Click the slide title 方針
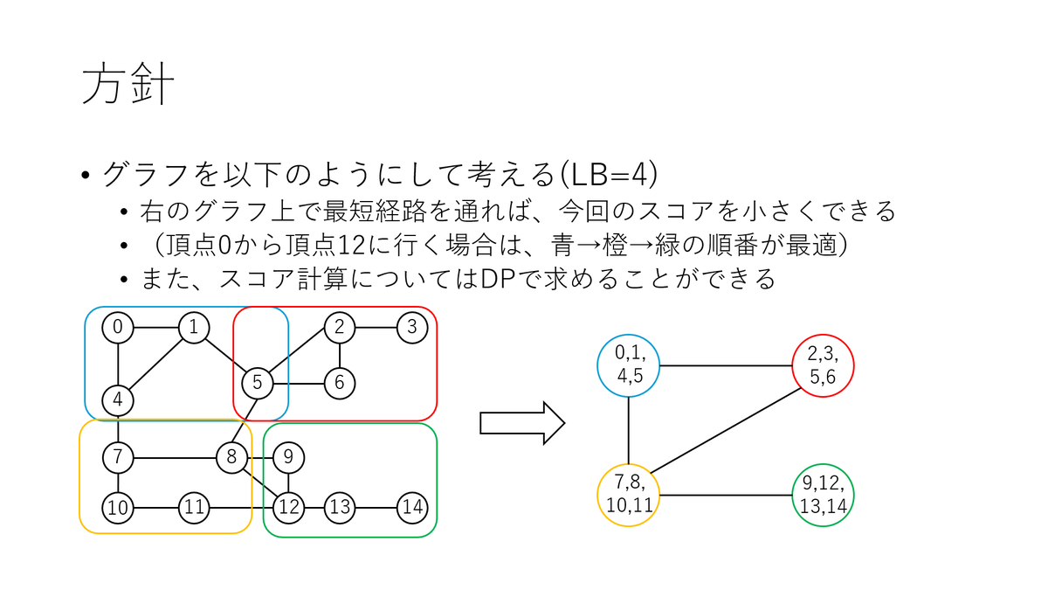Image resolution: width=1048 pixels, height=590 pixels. tap(128, 85)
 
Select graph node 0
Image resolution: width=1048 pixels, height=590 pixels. tap(117, 328)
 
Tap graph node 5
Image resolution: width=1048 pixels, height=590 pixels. tap(258, 382)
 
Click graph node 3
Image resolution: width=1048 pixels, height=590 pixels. tap(411, 328)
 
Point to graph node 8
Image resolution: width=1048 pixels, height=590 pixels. tap(231, 456)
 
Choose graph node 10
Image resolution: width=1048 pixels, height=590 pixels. tap(117, 506)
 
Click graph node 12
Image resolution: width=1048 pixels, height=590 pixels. tap(288, 506)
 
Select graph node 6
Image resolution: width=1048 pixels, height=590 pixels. tap(340, 382)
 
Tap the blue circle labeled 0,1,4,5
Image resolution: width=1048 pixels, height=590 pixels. tap(629, 364)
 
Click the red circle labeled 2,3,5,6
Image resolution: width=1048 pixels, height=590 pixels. tap(823, 364)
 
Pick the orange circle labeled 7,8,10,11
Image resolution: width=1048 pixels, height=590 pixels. tap(629, 495)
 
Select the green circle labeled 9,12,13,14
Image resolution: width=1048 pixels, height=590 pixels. tap(823, 495)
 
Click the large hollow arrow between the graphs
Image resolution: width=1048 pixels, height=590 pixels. tap(522, 423)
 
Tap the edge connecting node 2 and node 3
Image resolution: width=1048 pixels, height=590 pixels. tap(375, 328)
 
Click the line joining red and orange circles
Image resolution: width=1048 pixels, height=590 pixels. tap(729, 428)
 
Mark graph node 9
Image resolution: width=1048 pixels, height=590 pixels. tap(288, 456)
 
